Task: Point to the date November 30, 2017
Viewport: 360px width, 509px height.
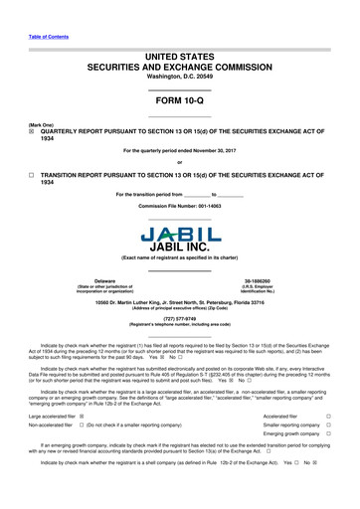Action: pos(212,152)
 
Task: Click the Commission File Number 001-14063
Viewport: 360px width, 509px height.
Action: pos(180,207)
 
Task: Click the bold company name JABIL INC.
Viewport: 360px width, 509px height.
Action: pos(180,249)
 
